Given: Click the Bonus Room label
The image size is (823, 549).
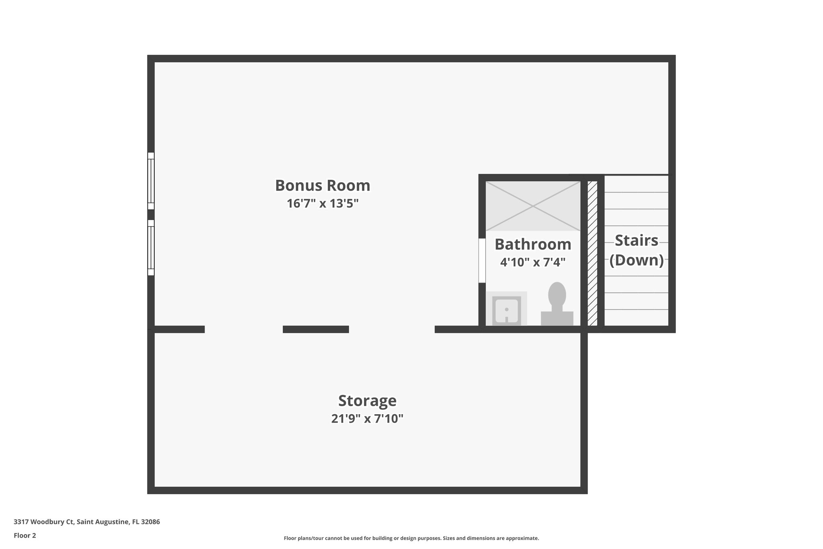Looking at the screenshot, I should (322, 185).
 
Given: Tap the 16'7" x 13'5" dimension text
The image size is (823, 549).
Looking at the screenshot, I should (322, 204).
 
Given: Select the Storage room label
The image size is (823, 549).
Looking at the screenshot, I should (367, 401).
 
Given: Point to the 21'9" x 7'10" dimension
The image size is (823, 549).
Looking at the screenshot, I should (367, 419).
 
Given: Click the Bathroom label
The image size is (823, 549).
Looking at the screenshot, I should (532, 244).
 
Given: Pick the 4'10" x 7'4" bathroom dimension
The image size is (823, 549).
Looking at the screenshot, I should (532, 262).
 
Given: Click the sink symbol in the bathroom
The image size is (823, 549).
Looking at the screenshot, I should (506, 309).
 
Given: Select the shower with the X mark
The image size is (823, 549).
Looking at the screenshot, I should (533, 206).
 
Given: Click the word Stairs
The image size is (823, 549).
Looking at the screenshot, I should (637, 241).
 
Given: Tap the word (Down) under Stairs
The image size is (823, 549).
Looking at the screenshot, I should (637, 260).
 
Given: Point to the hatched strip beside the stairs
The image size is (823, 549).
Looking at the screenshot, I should (592, 253).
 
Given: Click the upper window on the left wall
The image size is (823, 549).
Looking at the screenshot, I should (151, 181).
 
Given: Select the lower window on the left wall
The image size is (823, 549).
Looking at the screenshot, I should (151, 248).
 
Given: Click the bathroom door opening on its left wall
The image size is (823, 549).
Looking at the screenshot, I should (482, 261).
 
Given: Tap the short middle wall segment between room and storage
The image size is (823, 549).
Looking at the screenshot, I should (315, 329).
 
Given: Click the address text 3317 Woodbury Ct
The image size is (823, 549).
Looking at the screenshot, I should (44, 522).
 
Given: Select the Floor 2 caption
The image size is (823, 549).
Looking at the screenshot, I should (25, 535).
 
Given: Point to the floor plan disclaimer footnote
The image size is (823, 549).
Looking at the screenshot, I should (411, 538).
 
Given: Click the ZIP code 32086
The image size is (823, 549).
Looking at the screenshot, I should (150, 522).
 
